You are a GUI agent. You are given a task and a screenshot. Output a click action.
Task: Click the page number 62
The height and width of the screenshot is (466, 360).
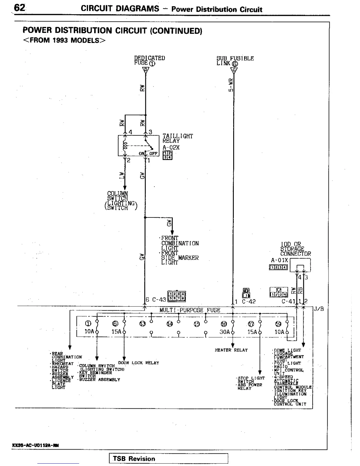(x=20, y=8)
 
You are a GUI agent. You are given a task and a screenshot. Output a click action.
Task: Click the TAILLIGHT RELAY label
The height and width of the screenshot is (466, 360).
(x=178, y=138)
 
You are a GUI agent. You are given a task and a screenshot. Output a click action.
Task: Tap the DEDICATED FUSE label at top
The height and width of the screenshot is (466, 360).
(x=149, y=60)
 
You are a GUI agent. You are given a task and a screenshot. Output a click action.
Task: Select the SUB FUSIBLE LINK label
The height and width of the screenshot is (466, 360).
(x=235, y=61)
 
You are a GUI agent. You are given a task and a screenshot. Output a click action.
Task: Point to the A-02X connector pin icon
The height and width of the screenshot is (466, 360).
(x=168, y=155)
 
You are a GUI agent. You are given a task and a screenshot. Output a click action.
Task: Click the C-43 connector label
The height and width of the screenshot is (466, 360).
(x=159, y=299)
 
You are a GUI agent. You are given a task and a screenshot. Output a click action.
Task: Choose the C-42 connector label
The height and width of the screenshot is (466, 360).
(x=249, y=302)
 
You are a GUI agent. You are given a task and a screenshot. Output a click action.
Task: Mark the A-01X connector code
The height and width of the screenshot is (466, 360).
(x=279, y=260)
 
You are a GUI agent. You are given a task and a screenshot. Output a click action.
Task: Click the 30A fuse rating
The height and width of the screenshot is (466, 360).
(x=224, y=332)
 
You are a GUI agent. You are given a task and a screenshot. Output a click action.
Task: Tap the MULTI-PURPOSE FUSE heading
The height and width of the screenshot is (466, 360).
(x=190, y=310)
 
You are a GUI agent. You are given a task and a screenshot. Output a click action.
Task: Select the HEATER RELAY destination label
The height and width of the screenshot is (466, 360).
(x=231, y=350)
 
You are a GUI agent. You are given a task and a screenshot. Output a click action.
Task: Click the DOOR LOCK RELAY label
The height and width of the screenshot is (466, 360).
(x=138, y=363)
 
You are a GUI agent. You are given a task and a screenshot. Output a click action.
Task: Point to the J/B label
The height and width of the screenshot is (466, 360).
(x=319, y=309)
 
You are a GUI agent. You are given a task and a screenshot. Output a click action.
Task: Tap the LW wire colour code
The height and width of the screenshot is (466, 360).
(x=121, y=175)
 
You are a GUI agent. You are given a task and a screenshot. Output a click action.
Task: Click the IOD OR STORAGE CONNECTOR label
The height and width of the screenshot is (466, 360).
(x=295, y=249)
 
